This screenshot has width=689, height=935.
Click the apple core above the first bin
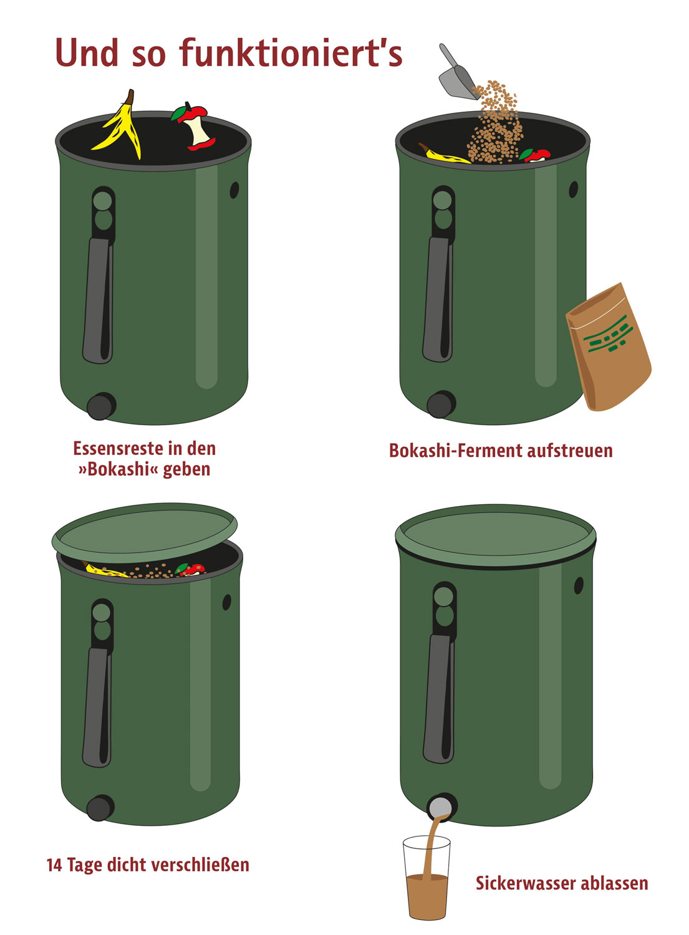(196, 128)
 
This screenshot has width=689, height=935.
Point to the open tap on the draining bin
(441, 807)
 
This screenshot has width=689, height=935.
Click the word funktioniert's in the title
(291, 53)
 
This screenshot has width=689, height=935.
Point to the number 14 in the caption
(54, 865)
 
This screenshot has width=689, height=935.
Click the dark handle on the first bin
(98, 299)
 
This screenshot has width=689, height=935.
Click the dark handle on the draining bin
(439, 698)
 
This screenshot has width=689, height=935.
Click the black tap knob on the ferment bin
(441, 405)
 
